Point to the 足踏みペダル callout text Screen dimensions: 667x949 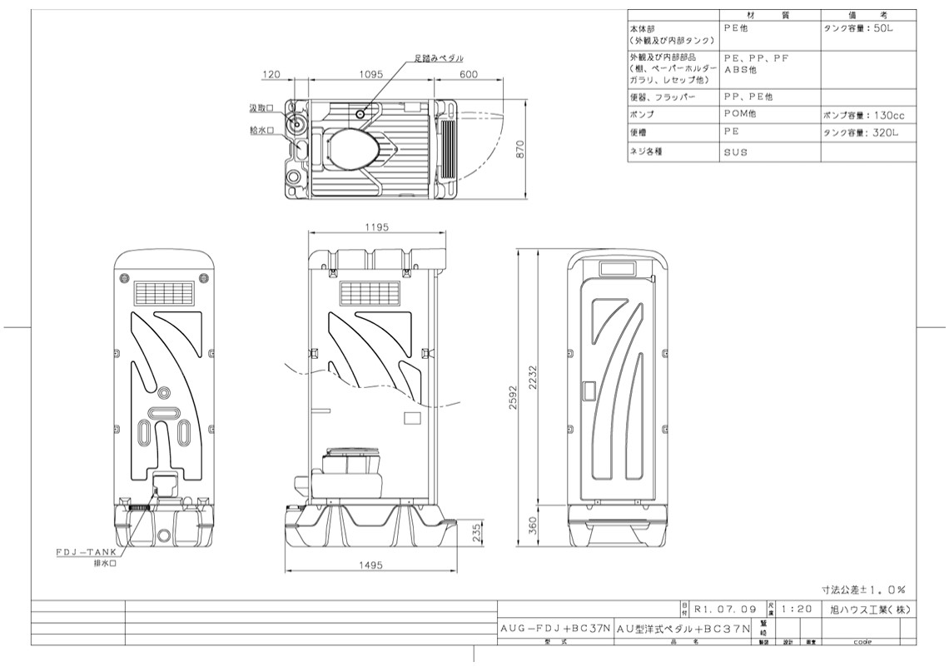(438, 58)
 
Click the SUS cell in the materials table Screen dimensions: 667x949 (736, 152)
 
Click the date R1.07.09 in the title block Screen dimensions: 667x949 (724, 609)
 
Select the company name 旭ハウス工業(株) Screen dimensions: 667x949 (866, 609)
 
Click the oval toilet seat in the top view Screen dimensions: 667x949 (353, 149)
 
